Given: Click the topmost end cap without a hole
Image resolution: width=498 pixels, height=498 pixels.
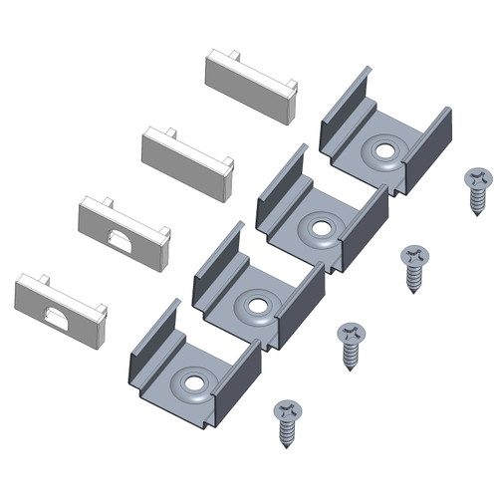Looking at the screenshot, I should pos(249,87).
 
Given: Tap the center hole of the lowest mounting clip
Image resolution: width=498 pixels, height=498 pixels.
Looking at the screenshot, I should pos(193,380).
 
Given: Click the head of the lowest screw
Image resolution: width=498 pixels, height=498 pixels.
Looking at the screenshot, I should pos(287,410).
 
